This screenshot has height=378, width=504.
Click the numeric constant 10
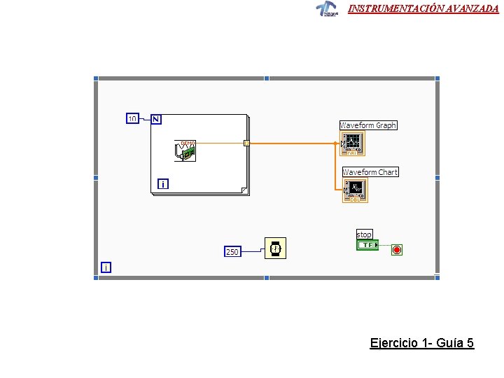pos(132,119)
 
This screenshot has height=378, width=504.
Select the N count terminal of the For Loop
pos(155,119)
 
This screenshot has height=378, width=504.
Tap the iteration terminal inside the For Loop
pos(162,184)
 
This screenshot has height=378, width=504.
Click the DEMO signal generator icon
pos(185,150)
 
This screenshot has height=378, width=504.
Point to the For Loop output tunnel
pos(246,143)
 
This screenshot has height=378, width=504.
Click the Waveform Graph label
pos(368,125)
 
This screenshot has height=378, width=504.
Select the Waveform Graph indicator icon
pos(352,143)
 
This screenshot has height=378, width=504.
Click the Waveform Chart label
pos(370,172)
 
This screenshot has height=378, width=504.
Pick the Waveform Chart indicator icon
pos(355,190)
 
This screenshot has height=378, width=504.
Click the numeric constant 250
pos(232,251)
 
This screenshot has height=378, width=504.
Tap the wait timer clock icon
pos(275,248)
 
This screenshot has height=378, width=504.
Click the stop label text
pos(364,234)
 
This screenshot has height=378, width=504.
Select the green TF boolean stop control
pos(367,245)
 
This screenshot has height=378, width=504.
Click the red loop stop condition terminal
pos(397,250)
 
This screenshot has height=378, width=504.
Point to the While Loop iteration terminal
pos(106,267)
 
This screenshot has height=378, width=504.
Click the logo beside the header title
pos(326,8)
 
